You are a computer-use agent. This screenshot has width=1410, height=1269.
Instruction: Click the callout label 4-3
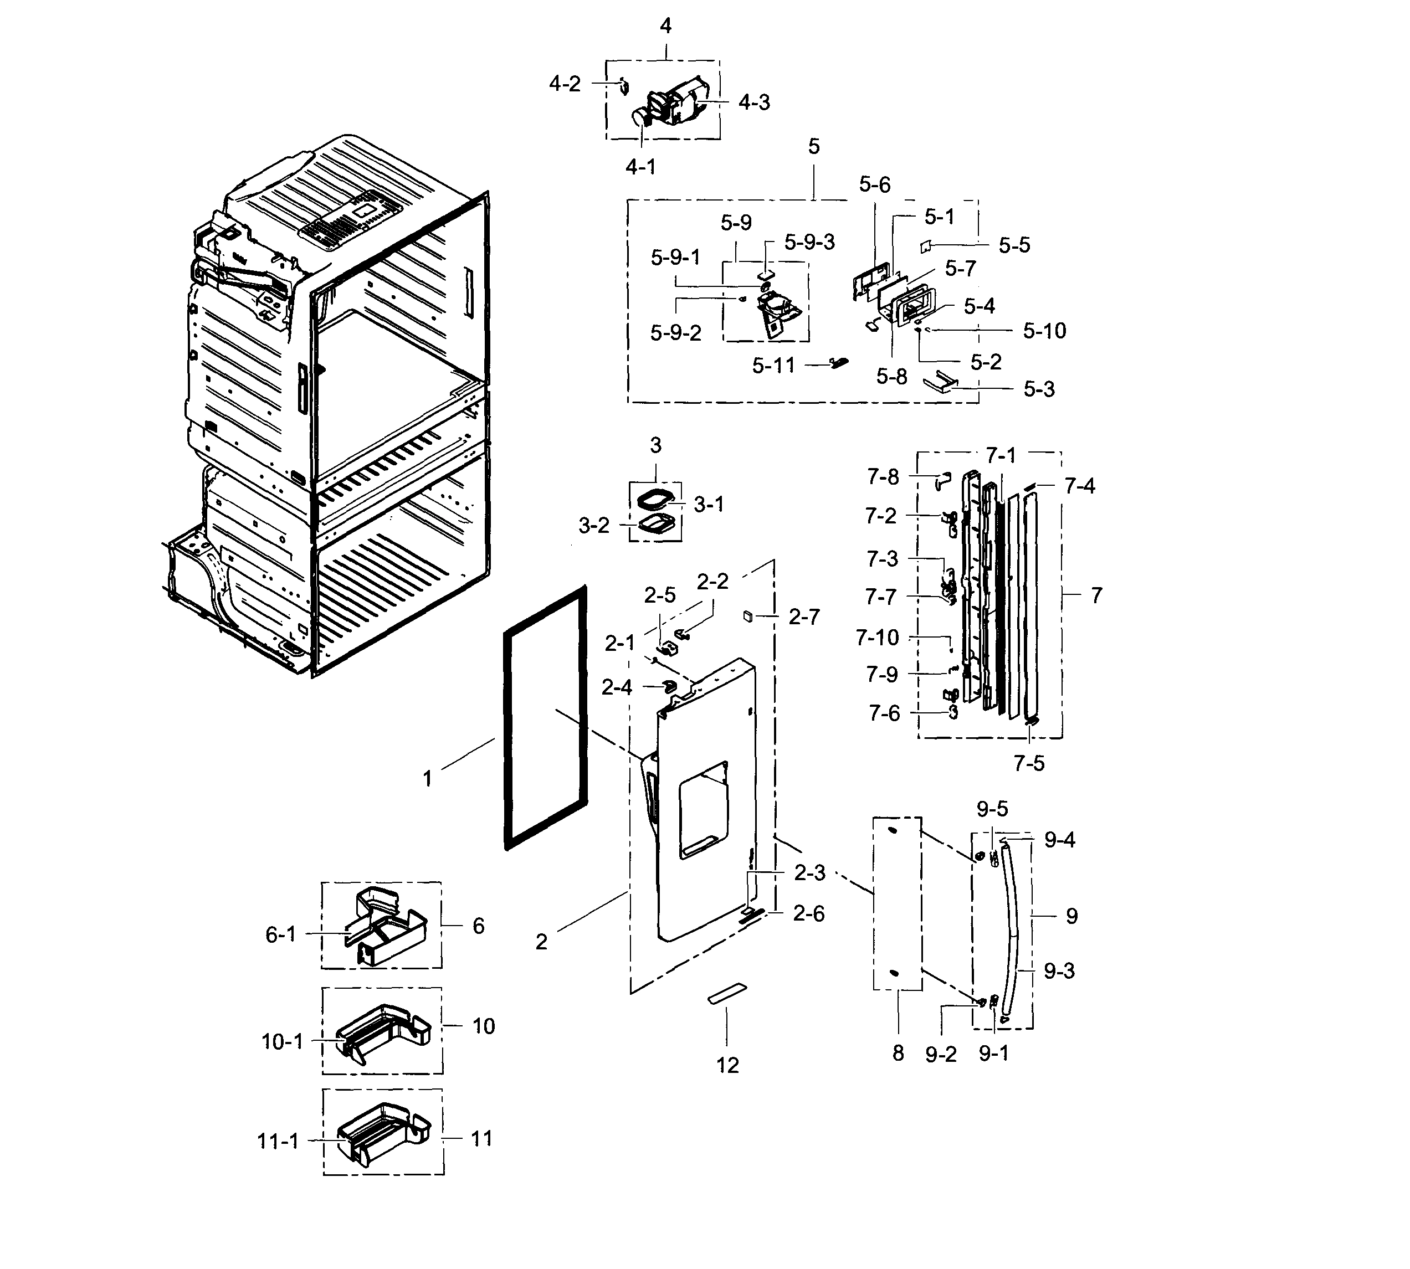[754, 102]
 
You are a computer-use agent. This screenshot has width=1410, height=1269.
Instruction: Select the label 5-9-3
[809, 242]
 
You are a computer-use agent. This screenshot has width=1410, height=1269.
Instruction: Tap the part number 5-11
[773, 366]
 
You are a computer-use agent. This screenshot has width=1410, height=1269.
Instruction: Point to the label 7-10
[877, 638]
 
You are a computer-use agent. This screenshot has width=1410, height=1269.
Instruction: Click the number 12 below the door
[727, 1065]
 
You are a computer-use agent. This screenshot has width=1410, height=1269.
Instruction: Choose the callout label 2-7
[804, 616]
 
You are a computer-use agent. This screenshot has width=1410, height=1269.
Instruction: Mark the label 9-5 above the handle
[992, 809]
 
